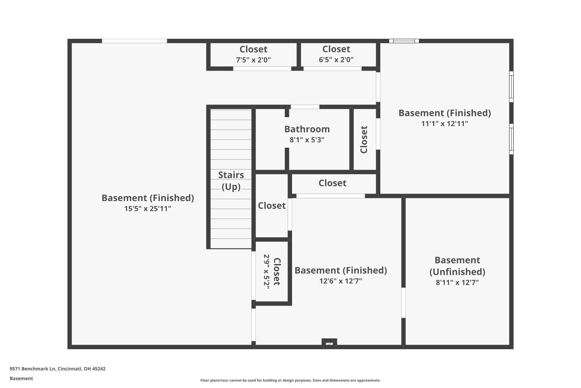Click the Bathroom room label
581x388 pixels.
[x=307, y=129]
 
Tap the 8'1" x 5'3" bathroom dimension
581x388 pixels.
[x=307, y=140]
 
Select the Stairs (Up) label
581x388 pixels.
[x=231, y=181]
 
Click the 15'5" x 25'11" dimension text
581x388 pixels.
[x=148, y=209]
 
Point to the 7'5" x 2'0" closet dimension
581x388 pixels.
[x=253, y=60]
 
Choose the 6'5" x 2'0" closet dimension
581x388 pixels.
[x=336, y=60]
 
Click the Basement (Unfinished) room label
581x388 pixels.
[x=457, y=266]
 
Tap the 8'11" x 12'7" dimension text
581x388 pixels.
[x=457, y=283]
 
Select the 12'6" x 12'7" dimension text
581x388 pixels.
[x=340, y=281]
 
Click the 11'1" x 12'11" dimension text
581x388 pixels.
[x=445, y=124]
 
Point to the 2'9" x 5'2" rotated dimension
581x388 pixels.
[x=266, y=271]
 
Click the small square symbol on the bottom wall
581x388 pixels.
[x=329, y=343]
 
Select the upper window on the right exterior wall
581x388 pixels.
[x=511, y=87]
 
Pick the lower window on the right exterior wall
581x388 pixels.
[x=511, y=139]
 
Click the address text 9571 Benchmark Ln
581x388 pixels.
[x=57, y=369]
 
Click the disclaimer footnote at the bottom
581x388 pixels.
[x=290, y=381]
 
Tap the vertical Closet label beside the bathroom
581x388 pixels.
[x=364, y=140]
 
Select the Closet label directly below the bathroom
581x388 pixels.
[x=332, y=183]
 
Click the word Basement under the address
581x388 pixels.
[x=21, y=379]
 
